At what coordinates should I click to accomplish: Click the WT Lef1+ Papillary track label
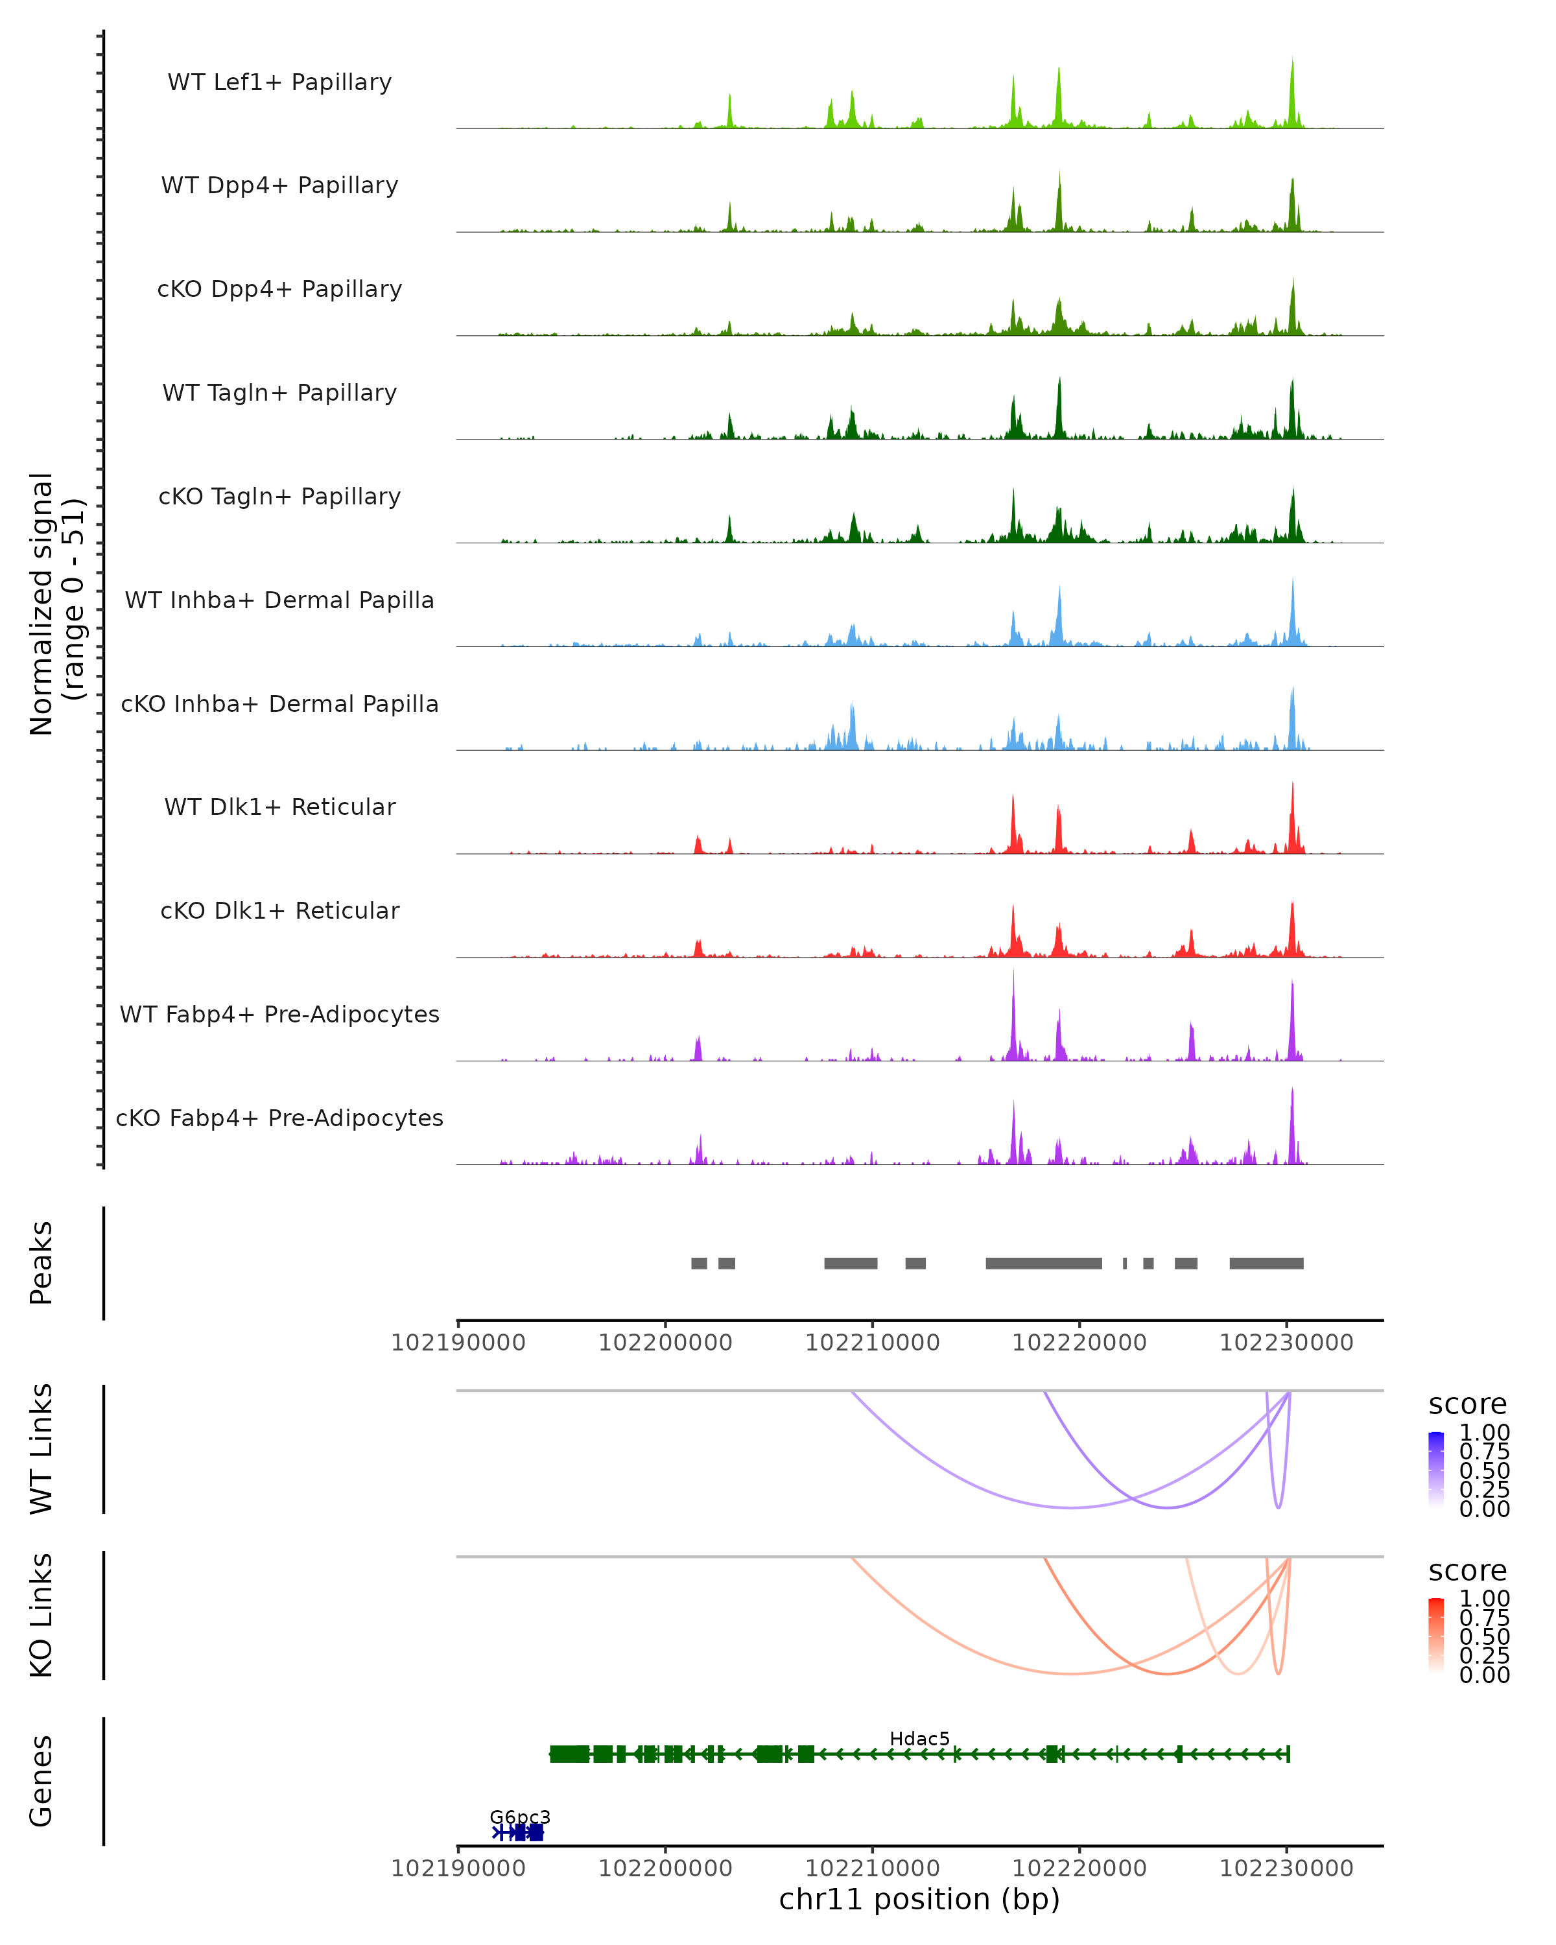(x=279, y=82)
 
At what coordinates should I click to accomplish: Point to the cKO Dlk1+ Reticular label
(x=279, y=910)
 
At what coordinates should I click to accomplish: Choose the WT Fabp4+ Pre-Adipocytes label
(x=279, y=1014)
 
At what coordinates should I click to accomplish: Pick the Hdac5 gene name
(x=919, y=1738)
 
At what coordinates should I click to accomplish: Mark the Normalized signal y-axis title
(x=56, y=604)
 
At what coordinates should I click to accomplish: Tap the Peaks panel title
(x=41, y=1262)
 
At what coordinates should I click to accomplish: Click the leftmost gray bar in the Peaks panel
(x=699, y=1263)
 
